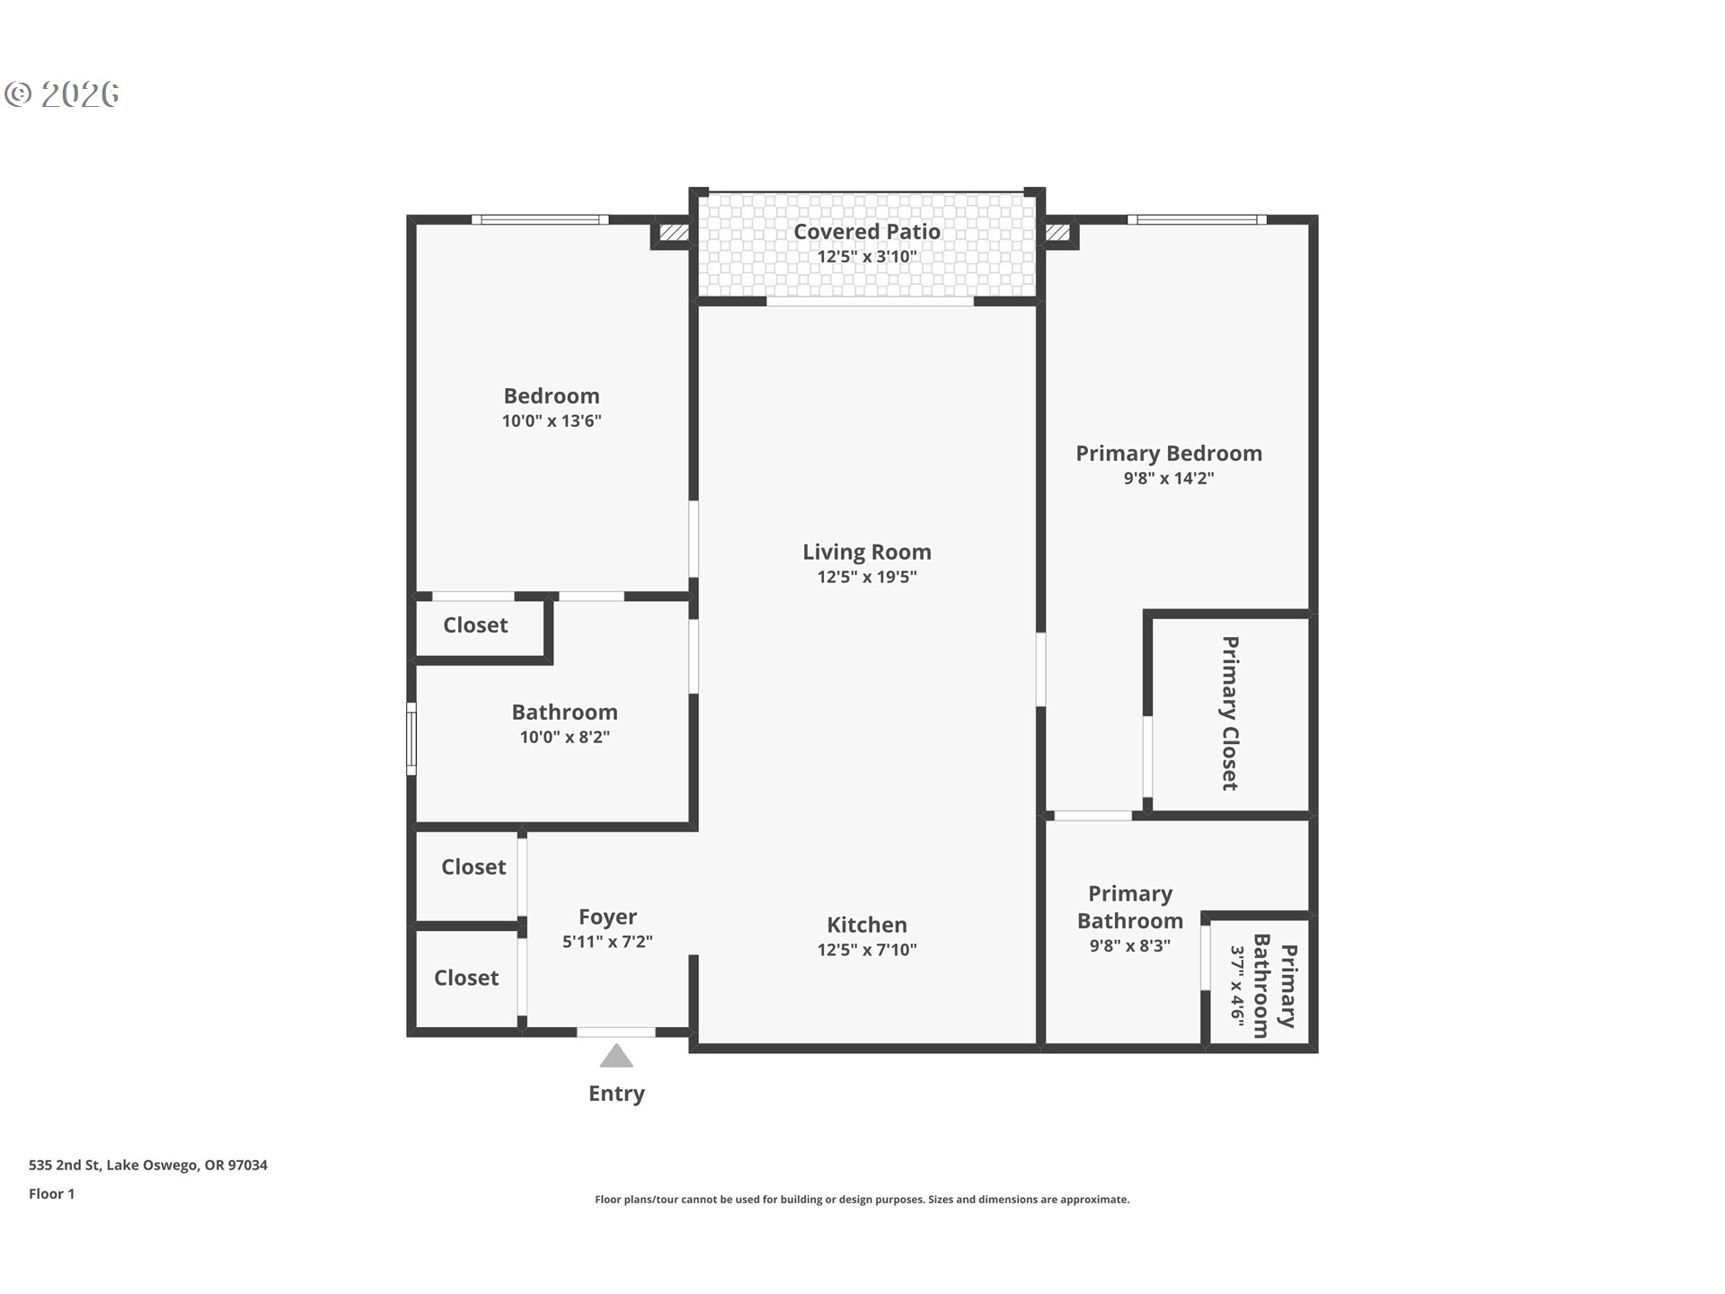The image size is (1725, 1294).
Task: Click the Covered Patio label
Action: [866, 232]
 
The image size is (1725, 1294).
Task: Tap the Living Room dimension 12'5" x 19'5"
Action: [866, 577]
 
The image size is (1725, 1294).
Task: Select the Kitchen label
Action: [866, 925]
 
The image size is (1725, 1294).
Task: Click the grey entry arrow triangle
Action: [616, 1057]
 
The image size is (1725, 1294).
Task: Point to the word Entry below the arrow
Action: [616, 1094]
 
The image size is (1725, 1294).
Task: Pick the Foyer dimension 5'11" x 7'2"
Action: [607, 942]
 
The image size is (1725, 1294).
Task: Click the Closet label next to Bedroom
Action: [475, 625]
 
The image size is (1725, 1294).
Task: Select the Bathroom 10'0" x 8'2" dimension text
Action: [564, 737]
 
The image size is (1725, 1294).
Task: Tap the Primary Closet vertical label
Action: [1230, 713]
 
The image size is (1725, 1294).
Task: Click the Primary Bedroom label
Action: [1168, 454]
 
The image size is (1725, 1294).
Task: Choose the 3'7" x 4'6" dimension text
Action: [1238, 984]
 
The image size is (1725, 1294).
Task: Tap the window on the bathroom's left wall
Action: [411, 739]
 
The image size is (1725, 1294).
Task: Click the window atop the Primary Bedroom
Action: [1196, 219]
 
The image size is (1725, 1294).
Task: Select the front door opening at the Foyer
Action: [615, 1033]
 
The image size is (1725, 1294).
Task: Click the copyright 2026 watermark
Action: [62, 94]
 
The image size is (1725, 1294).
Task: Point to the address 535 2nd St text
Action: [148, 1165]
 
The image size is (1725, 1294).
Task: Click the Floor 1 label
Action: [51, 1194]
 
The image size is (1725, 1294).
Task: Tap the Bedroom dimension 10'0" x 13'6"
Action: [551, 421]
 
